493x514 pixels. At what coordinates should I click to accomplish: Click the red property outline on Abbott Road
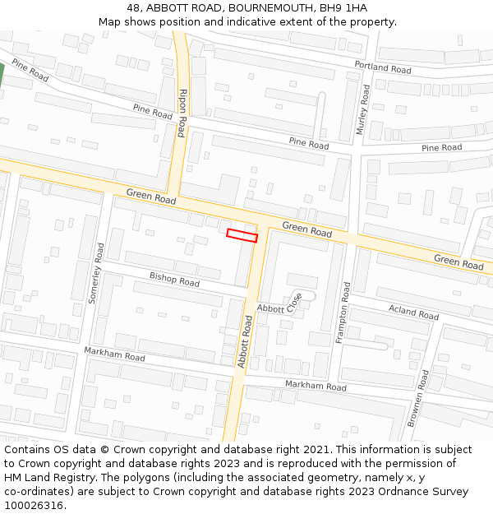click(x=242, y=236)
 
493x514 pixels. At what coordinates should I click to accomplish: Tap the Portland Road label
click(x=383, y=67)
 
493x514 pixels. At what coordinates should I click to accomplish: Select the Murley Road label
click(x=363, y=109)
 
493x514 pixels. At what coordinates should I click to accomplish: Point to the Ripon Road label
click(x=182, y=108)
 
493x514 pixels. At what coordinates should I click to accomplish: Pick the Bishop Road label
click(x=174, y=280)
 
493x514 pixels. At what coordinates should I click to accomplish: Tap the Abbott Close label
click(x=279, y=303)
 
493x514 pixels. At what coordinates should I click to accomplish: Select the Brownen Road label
click(x=418, y=398)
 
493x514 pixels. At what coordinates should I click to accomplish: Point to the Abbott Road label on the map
click(x=244, y=341)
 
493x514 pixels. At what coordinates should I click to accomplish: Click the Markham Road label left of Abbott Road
click(x=114, y=354)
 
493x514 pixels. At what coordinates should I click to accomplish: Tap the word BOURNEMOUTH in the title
click(x=270, y=7)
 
